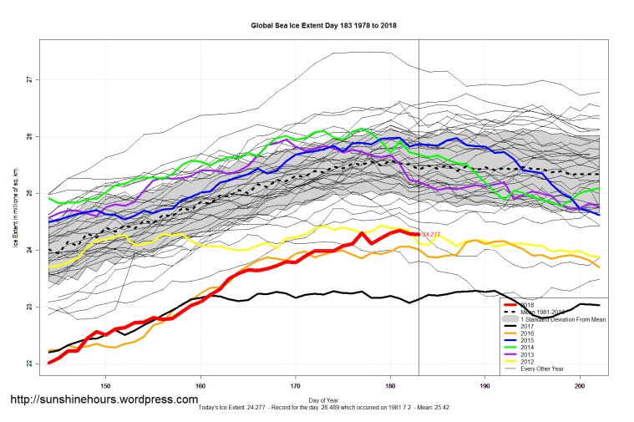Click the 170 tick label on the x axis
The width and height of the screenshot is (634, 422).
pyautogui.click(x=295, y=386)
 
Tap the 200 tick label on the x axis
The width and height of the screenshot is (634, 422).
pyautogui.click(x=580, y=386)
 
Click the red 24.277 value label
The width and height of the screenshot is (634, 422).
pyautogui.click(x=432, y=235)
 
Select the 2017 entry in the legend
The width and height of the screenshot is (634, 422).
pyautogui.click(x=528, y=326)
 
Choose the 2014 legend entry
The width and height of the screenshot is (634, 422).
pyautogui.click(x=528, y=347)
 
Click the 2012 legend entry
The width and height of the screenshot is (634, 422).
pyautogui.click(x=528, y=361)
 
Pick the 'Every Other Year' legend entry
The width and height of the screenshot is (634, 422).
pyautogui.click(x=544, y=369)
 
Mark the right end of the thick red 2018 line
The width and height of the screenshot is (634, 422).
pyautogui.click(x=418, y=234)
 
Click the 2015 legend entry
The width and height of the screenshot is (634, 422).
pyautogui.click(x=528, y=340)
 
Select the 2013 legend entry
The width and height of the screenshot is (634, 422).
pyautogui.click(x=528, y=354)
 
